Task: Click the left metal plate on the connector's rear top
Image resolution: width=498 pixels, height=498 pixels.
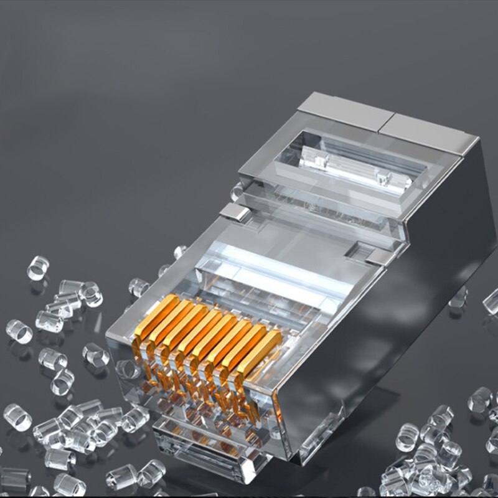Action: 339,111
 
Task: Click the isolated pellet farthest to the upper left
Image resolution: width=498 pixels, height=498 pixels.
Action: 37,268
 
